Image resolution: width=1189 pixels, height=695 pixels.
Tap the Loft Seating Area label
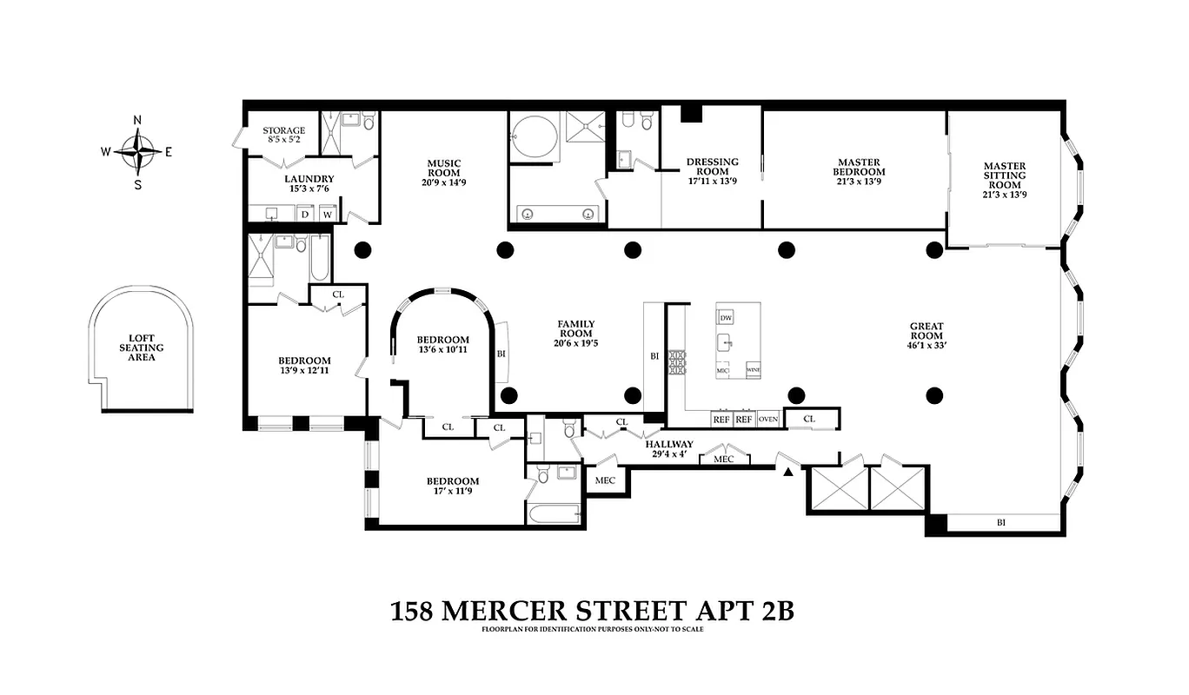tap(141, 347)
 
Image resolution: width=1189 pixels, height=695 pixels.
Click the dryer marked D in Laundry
tap(304, 213)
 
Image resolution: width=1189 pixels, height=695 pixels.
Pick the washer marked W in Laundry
tap(328, 213)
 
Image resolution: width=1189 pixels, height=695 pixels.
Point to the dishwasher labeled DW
tap(726, 316)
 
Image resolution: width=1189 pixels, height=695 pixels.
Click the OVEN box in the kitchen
tap(767, 420)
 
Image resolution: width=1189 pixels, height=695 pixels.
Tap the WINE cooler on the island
tap(753, 369)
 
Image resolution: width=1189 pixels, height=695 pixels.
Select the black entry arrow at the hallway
tap(788, 471)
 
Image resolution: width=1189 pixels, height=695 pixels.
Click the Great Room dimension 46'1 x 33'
tap(927, 344)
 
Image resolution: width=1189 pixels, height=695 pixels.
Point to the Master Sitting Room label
tap(1004, 181)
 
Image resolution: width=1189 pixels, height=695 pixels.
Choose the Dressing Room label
tap(712, 172)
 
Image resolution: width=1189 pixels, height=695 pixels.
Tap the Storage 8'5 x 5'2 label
tap(283, 135)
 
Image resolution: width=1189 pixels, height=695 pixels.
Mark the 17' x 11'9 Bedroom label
tap(452, 486)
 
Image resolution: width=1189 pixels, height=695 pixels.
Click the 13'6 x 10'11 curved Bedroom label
tap(442, 345)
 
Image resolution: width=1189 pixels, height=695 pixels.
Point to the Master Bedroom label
tap(859, 167)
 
